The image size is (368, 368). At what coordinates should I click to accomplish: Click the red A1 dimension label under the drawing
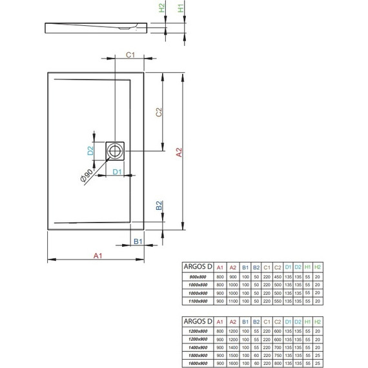pos(97,256)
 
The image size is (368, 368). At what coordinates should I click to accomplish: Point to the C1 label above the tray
pos(129,54)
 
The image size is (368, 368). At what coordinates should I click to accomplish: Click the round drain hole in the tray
pos(116,151)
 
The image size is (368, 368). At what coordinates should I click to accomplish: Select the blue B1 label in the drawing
pos(138,241)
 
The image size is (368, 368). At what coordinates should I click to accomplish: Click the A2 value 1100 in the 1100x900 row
pos(233,301)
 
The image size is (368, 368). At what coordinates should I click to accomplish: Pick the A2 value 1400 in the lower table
pos(233,345)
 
